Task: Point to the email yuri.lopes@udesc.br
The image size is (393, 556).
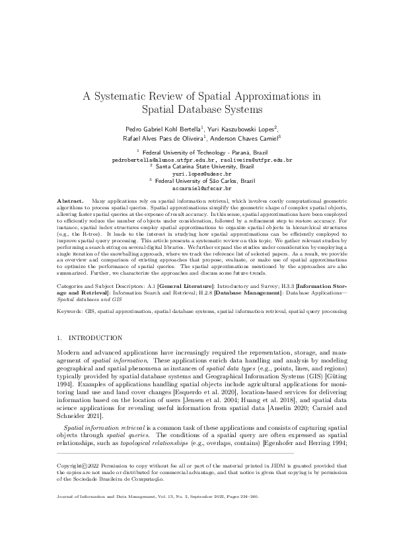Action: (196, 174)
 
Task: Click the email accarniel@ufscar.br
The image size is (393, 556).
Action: (196, 188)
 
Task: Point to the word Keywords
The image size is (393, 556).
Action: (71, 308)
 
